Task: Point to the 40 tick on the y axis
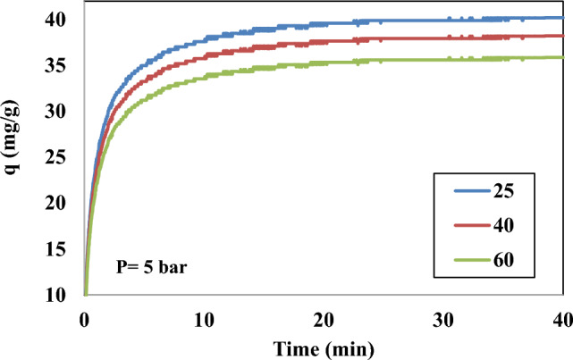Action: pyautogui.click(x=65, y=19)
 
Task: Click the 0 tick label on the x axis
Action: pyautogui.click(x=84, y=319)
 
